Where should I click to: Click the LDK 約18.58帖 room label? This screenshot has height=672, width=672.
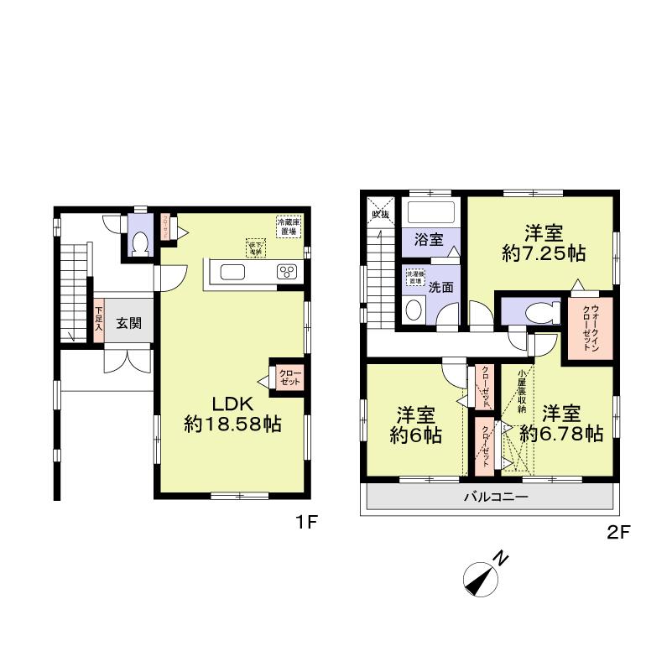tap(232, 413)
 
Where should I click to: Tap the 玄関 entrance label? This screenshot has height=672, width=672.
tap(128, 323)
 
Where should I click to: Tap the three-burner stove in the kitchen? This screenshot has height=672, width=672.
tap(286, 271)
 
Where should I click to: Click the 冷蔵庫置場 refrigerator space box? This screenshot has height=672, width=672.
tap(289, 226)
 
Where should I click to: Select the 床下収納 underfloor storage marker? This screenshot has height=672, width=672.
tap(255, 247)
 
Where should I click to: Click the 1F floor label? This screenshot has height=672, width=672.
tap(305, 523)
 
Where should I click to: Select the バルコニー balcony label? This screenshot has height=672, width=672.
tap(497, 498)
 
